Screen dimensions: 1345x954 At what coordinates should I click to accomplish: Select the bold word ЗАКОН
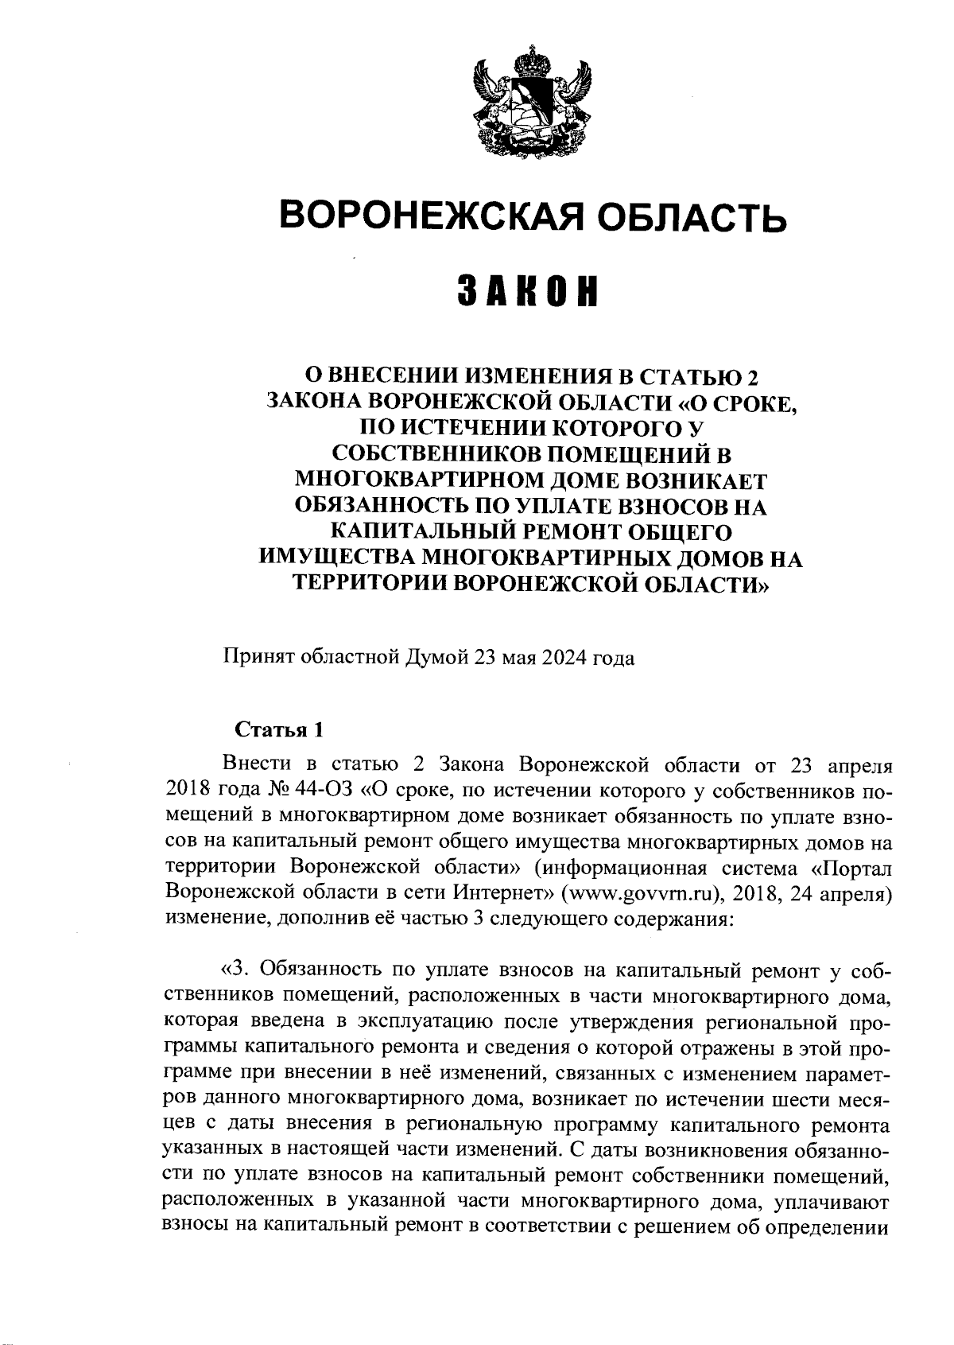pos(528,293)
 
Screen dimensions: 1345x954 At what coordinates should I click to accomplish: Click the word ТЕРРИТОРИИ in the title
pos(368,585)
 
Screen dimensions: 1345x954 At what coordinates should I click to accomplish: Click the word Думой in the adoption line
pos(436,659)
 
